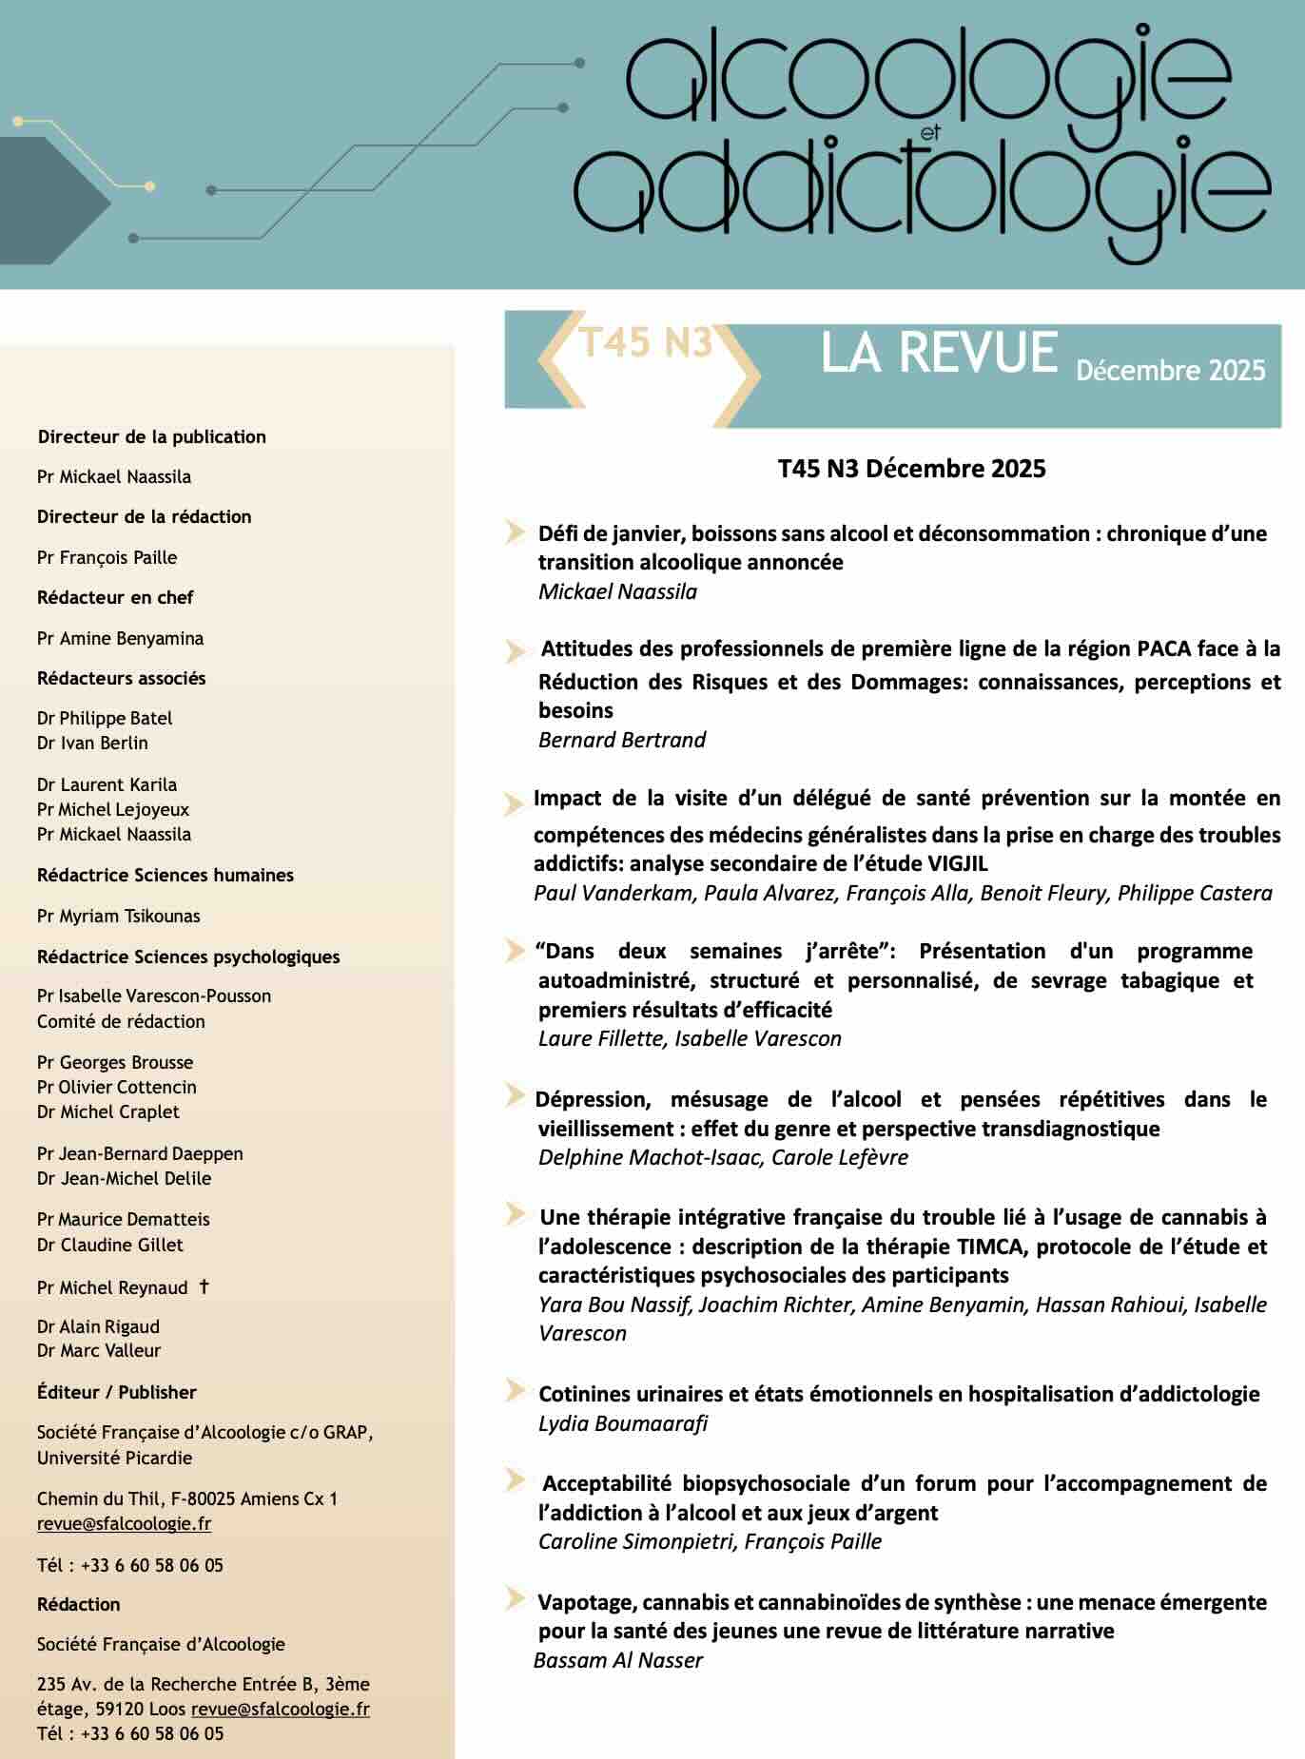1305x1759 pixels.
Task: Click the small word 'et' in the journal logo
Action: [x=930, y=134]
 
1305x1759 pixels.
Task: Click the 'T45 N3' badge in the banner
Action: [x=646, y=343]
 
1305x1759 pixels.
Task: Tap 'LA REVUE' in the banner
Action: [x=939, y=353]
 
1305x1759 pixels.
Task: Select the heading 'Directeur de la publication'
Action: [x=151, y=437]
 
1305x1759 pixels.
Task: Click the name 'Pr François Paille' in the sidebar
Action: [x=107, y=558]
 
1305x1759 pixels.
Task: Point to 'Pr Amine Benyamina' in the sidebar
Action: [x=120, y=639]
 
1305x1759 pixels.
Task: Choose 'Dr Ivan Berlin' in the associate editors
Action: [x=92, y=744]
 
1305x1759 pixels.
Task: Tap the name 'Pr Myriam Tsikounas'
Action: [x=118, y=917]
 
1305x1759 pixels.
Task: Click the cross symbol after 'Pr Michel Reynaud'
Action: [x=204, y=1287]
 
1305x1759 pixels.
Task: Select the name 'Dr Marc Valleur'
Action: [x=99, y=1351]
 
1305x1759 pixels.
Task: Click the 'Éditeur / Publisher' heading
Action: [x=116, y=1393]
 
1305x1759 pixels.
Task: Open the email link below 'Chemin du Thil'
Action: [x=124, y=1524]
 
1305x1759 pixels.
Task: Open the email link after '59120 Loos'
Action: [x=280, y=1709]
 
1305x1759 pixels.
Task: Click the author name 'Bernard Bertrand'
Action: [x=621, y=741]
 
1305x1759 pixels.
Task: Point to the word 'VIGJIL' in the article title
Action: [x=957, y=864]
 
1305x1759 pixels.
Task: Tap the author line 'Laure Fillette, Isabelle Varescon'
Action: [x=690, y=1039]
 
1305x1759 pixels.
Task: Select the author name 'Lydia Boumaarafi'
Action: [x=622, y=1423]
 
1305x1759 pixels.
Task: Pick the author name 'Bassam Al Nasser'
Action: [x=617, y=1661]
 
